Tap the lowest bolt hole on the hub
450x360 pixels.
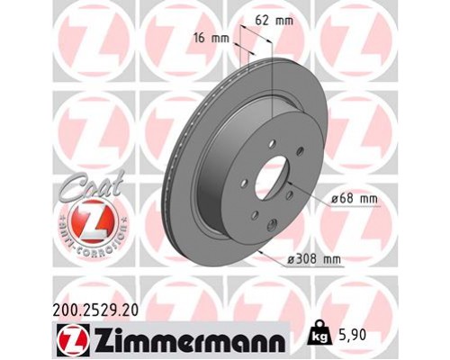(x=255, y=215)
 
